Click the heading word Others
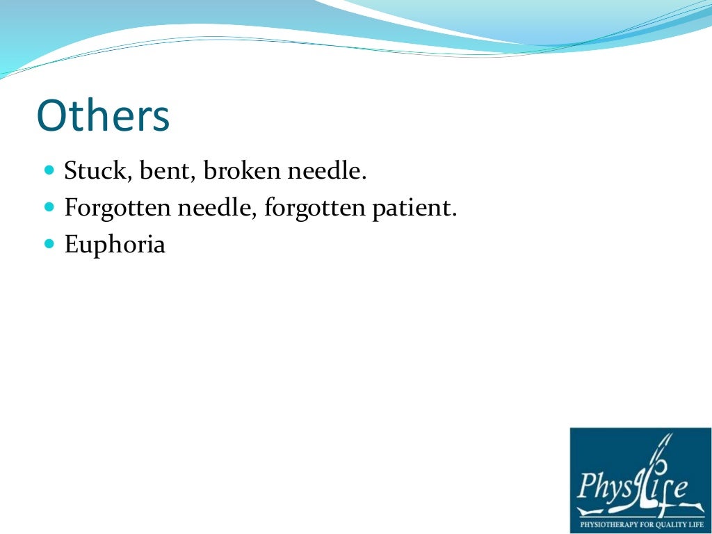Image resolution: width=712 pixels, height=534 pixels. click(x=103, y=116)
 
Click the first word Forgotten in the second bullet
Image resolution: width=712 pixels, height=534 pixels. click(x=112, y=208)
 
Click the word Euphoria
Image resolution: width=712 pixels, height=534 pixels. click(x=115, y=245)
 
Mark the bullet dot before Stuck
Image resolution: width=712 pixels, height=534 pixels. click(x=49, y=170)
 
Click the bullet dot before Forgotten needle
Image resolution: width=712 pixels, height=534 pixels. click(x=49, y=207)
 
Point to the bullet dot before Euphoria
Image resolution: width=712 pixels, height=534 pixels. click(x=49, y=244)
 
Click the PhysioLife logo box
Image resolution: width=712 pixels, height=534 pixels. click(x=640, y=480)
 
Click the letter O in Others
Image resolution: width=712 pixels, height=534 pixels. click(x=51, y=116)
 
